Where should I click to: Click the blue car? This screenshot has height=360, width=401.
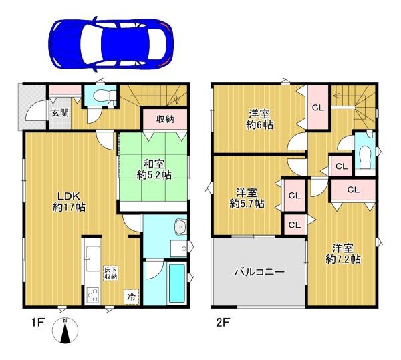(111, 44)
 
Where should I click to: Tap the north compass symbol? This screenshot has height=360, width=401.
(65, 330)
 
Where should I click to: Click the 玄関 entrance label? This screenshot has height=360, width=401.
(60, 112)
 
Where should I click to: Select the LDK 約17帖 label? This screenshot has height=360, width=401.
(69, 202)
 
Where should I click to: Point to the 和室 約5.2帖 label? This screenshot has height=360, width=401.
(154, 169)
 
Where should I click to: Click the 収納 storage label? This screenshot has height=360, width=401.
(165, 119)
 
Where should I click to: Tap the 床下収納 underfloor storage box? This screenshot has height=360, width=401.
(110, 273)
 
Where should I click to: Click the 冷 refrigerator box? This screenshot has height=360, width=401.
(132, 297)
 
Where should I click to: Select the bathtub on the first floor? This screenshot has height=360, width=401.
(176, 283)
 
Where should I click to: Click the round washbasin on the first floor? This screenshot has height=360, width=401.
(181, 227)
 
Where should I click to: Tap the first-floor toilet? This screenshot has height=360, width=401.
(102, 96)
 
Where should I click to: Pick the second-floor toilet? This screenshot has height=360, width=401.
(365, 158)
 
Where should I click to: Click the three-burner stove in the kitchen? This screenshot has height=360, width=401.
(93, 295)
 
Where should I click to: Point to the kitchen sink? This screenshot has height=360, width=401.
(93, 258)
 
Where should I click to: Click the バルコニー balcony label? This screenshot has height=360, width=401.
(259, 272)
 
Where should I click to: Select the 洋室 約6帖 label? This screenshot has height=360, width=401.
(259, 120)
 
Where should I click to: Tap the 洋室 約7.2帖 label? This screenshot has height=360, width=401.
(343, 254)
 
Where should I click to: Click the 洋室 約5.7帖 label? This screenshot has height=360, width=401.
(247, 198)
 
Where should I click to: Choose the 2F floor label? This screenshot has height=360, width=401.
(222, 323)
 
